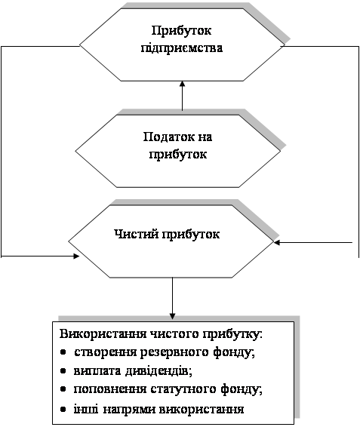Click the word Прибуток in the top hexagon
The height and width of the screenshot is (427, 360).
pyautogui.click(x=181, y=31)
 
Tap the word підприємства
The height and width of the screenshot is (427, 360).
pyautogui.click(x=182, y=48)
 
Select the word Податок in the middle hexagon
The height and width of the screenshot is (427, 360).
pyautogui.click(x=166, y=137)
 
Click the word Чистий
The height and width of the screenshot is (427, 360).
pyautogui.click(x=137, y=234)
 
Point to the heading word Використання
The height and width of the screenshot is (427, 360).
pyautogui.click(x=103, y=334)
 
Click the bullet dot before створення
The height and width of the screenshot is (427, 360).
pyautogui.click(x=63, y=352)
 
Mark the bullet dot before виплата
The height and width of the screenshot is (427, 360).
pyautogui.click(x=63, y=371)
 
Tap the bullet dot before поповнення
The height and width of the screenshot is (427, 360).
pyautogui.click(x=63, y=389)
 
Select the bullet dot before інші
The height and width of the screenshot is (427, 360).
pyautogui.click(x=63, y=409)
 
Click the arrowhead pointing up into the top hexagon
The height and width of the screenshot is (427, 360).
pyautogui.click(x=183, y=84)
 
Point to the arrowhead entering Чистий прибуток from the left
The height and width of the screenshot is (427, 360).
pyautogui.click(x=76, y=256)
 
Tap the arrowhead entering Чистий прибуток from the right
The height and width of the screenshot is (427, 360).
pyautogui.click(x=277, y=242)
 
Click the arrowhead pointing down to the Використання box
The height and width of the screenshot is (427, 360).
pyautogui.click(x=172, y=316)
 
